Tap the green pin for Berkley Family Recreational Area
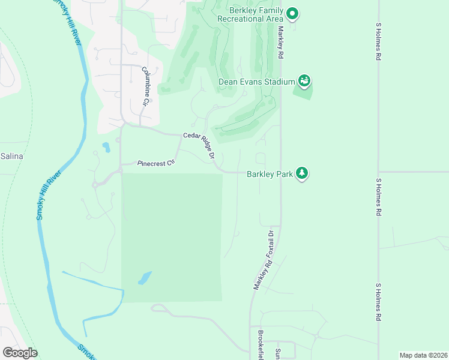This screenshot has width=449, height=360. click(292, 13)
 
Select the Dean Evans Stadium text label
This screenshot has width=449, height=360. click(256, 82)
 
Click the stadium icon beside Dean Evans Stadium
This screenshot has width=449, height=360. click(304, 80)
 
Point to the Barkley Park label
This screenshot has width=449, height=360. click(270, 174)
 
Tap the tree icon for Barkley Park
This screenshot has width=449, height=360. click(303, 174)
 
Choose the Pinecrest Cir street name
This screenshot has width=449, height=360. click(155, 163)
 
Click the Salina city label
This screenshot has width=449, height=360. click(11, 156)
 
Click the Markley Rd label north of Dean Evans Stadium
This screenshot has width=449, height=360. click(280, 42)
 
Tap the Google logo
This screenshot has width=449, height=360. click(20, 353)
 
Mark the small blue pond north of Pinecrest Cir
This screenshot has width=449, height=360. click(106, 146)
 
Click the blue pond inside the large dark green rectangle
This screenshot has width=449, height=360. click(144, 278)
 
